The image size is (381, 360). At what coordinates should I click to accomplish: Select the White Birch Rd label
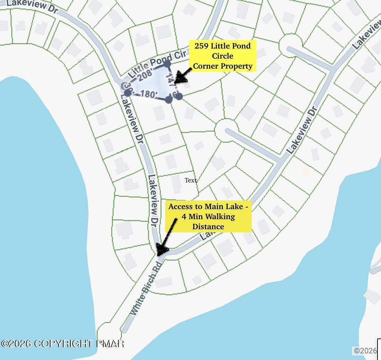pyautogui.click(x=146, y=289)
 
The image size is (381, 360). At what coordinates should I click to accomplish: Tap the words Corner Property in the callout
pyautogui.click(x=222, y=66)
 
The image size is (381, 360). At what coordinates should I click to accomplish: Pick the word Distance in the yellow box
pyautogui.click(x=208, y=227)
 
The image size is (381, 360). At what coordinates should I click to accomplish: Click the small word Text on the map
pyautogui.click(x=190, y=180)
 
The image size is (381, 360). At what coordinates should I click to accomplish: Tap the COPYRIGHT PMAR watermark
pyautogui.click(x=62, y=344)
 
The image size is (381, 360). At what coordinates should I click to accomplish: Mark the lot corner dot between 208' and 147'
pyautogui.click(x=167, y=64)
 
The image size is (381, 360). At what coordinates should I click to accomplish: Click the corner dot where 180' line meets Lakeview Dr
pyautogui.click(x=127, y=93)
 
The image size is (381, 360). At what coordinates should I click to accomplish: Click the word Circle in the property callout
pyautogui.click(x=222, y=56)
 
